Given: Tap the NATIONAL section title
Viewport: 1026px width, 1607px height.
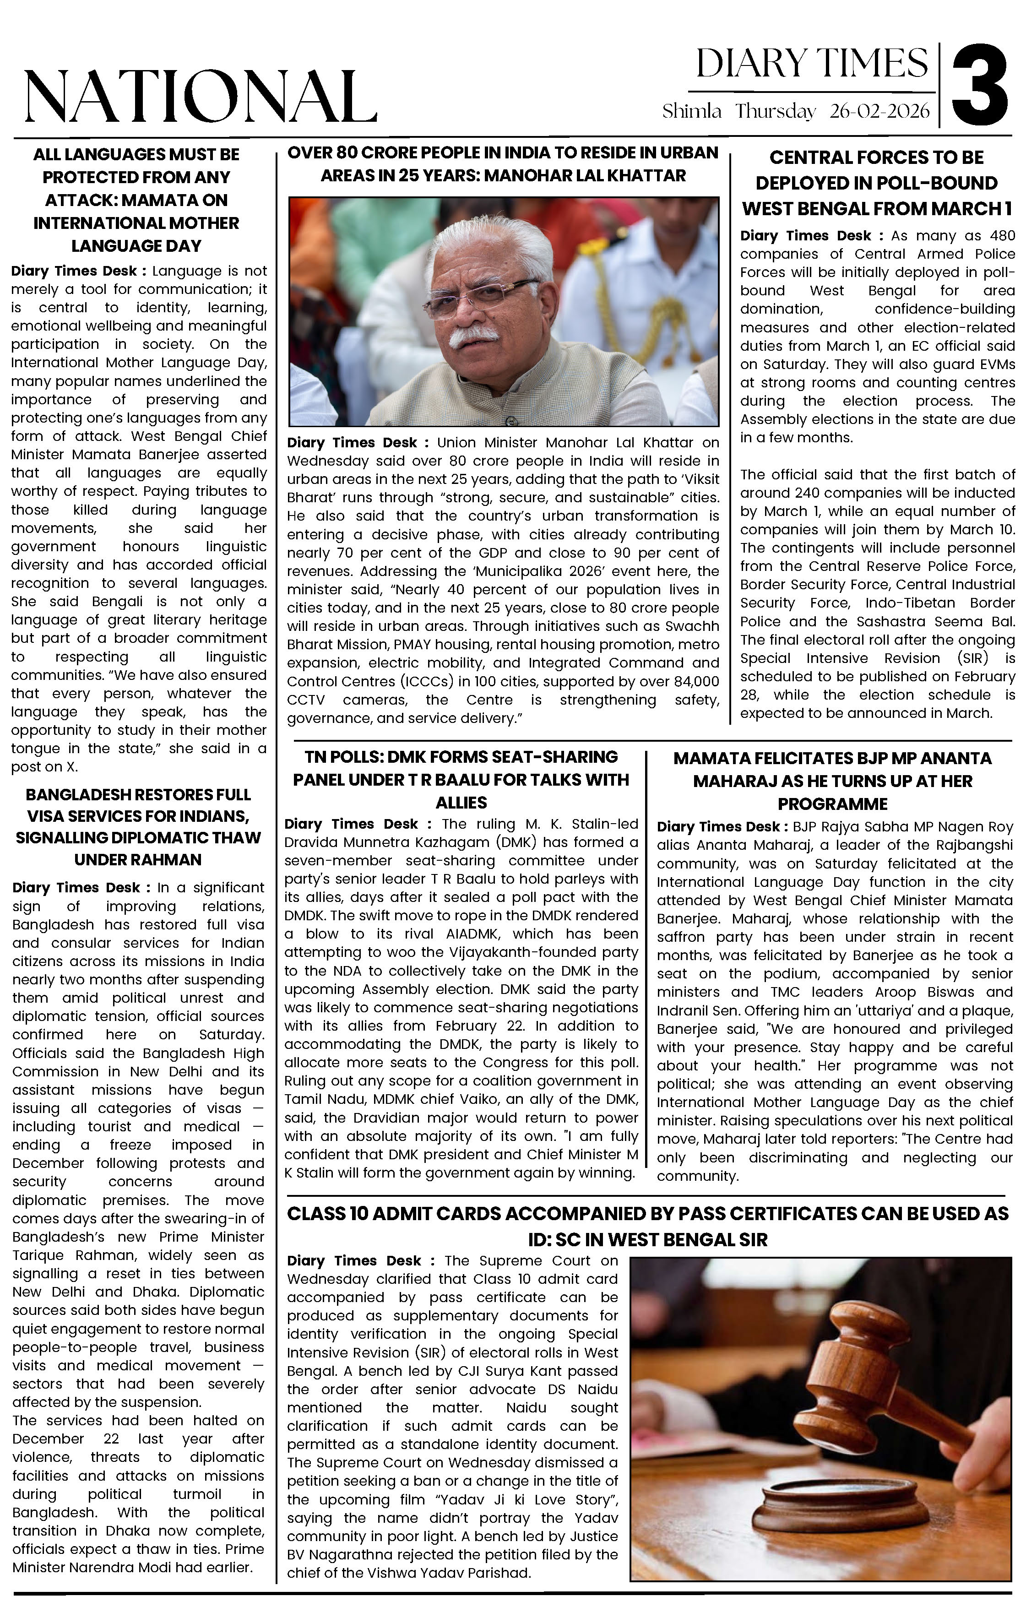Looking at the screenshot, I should tap(200, 96).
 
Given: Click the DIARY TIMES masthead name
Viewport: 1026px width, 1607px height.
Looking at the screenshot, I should tap(812, 64).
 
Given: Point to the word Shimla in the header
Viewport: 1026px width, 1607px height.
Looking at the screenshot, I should tap(692, 111).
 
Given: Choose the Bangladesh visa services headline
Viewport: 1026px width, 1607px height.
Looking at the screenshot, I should tap(138, 827).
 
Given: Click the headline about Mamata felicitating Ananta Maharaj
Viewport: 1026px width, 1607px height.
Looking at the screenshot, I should tap(832, 781).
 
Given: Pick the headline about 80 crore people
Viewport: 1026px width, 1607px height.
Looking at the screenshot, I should tap(503, 164).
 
